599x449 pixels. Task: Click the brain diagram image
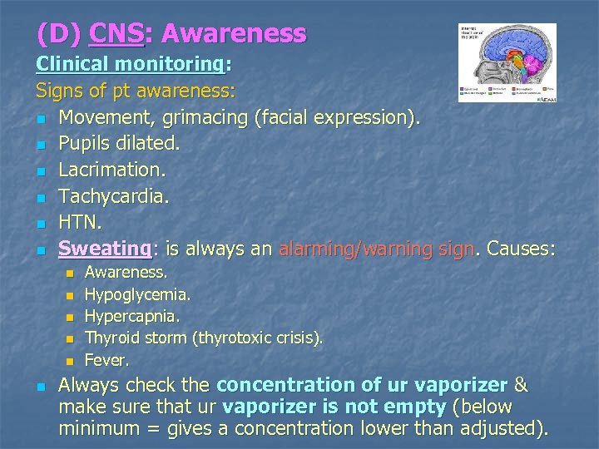[507, 62]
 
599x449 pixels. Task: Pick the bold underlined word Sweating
[104, 249]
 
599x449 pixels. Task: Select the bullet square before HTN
[40, 224]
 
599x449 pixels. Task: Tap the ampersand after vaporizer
[522, 385]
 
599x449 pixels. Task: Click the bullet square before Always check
[40, 387]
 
